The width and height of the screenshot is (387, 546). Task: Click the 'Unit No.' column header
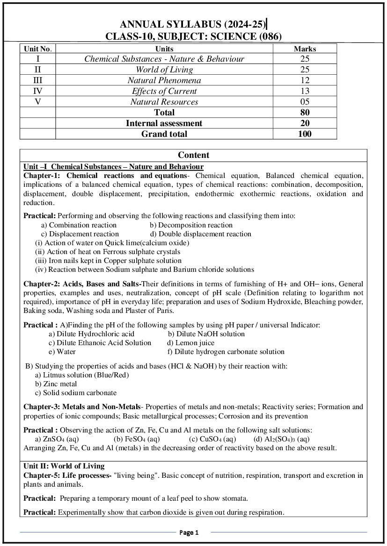[37, 49]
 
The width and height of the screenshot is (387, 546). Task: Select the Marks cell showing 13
[305, 91]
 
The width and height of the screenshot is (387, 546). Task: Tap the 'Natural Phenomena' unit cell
[164, 80]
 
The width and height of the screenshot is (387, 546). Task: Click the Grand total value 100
[305, 134]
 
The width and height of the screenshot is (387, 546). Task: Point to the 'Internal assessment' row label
[164, 123]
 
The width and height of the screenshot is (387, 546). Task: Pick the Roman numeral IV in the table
[37, 91]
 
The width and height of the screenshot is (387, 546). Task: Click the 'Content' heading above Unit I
[193, 155]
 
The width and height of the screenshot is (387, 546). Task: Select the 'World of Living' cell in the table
[164, 70]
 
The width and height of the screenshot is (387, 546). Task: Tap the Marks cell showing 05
[305, 102]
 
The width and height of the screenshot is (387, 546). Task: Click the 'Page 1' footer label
[189, 532]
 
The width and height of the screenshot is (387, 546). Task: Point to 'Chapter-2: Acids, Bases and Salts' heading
[82, 284]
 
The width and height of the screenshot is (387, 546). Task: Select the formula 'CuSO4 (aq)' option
[212, 439]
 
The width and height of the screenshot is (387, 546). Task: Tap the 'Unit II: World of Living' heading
[64, 466]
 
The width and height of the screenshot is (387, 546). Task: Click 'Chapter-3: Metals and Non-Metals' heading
[81, 407]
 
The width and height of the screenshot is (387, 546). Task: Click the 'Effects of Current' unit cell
[164, 91]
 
